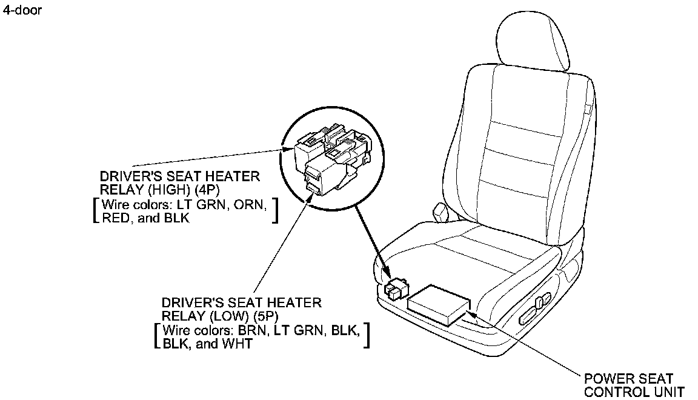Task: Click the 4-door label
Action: [x=22, y=10]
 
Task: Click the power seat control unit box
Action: [x=439, y=305]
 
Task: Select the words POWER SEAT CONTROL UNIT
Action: [x=634, y=385]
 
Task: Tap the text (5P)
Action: [x=266, y=316]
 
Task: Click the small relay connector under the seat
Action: [x=394, y=288]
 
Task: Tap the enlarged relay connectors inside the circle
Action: [x=333, y=159]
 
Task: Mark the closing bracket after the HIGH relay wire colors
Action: [x=276, y=211]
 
